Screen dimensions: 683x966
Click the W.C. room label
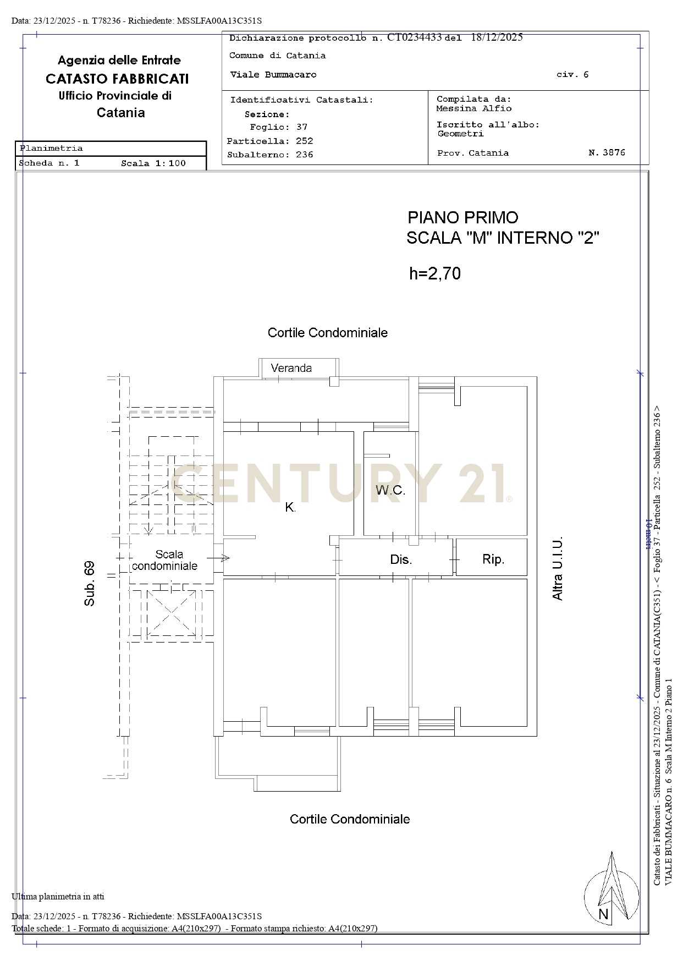[x=390, y=490]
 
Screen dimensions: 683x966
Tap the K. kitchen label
[x=290, y=508]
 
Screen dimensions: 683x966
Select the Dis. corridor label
[x=401, y=559]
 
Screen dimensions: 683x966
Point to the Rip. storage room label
[x=493, y=559]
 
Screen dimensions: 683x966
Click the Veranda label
[x=291, y=368]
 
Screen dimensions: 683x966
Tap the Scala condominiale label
[x=165, y=560]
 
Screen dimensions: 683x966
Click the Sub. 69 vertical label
[x=89, y=584]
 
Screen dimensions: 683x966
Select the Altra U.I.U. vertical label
[x=558, y=568]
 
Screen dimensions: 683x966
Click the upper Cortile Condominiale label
[x=328, y=333]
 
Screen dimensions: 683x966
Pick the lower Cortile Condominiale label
[x=350, y=819]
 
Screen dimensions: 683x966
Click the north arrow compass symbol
[x=612, y=890]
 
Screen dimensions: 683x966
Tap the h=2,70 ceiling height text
[x=435, y=273]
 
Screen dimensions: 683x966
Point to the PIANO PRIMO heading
[x=463, y=217]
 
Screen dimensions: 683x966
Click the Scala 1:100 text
[x=153, y=163]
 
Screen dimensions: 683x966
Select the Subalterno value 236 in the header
[x=305, y=155]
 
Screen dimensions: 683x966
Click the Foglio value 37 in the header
[x=302, y=127]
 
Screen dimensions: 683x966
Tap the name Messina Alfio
[x=474, y=108]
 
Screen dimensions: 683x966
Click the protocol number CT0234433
[x=415, y=37]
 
